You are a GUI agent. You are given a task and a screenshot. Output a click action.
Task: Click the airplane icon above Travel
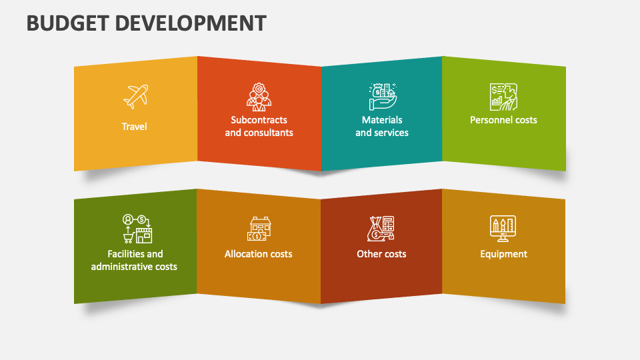point(135,97)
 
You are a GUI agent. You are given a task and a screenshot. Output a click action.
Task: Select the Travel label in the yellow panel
point(134,126)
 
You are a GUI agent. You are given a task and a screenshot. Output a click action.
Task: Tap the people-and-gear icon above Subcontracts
point(259,97)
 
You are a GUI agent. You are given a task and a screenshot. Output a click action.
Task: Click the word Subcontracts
point(259,120)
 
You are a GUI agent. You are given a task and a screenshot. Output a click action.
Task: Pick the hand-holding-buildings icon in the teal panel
point(382,96)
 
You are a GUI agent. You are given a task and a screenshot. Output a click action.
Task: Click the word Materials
point(382,120)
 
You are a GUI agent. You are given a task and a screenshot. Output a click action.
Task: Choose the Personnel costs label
point(503,120)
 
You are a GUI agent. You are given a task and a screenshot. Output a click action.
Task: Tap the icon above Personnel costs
point(503,97)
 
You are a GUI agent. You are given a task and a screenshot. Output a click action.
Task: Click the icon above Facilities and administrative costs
point(137,229)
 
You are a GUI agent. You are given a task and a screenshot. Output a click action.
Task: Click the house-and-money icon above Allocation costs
point(259,228)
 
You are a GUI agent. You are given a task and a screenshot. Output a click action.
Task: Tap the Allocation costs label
point(259,254)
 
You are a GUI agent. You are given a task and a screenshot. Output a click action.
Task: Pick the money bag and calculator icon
point(382,228)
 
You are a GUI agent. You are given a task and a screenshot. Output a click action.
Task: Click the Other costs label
point(381,254)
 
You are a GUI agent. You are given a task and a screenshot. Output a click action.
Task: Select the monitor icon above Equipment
point(503,228)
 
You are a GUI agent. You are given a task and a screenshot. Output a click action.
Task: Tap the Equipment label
point(503,254)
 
